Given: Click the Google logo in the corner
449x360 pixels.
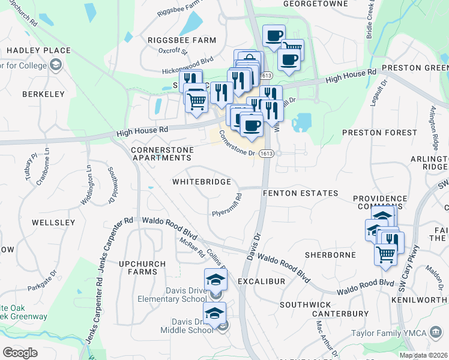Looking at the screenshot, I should [x=20, y=353].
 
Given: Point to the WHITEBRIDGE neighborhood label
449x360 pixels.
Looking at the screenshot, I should [x=202, y=181].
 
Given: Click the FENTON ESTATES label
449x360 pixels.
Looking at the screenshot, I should [x=301, y=193].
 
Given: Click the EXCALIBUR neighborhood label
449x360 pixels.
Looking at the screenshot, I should [x=261, y=281].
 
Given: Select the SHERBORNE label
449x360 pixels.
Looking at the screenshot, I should [x=330, y=255].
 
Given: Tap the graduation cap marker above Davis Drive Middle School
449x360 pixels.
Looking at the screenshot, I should [x=214, y=313].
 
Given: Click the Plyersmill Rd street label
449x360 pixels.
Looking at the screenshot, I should [x=226, y=205].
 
